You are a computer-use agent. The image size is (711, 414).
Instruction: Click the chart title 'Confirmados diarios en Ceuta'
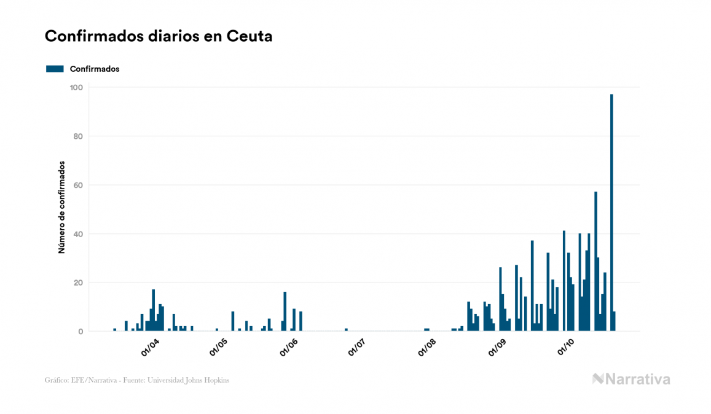(x=159, y=36)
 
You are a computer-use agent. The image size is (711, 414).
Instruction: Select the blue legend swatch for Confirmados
(x=55, y=69)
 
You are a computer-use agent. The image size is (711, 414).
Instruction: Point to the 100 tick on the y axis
(x=77, y=87)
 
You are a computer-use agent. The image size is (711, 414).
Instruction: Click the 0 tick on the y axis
(x=81, y=332)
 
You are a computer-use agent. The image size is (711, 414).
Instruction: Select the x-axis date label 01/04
(x=150, y=347)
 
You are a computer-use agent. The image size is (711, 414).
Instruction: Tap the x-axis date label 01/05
(x=219, y=347)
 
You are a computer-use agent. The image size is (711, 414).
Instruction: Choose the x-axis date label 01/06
(x=289, y=347)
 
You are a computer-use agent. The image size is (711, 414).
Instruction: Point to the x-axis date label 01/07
(x=357, y=347)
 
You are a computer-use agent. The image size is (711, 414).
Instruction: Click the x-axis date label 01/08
(x=427, y=347)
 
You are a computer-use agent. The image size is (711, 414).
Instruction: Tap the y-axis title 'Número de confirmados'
(x=61, y=208)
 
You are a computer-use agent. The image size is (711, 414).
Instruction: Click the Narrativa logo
(x=631, y=379)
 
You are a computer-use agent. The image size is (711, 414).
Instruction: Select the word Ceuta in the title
(x=249, y=36)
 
